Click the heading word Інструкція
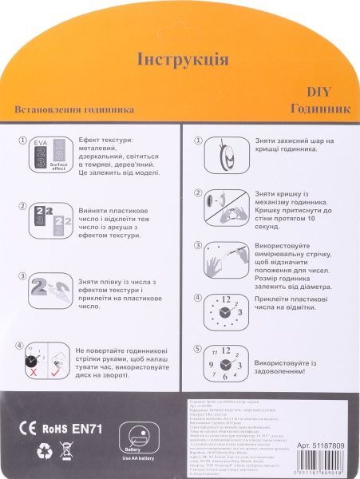pyautogui.click(x=183, y=60)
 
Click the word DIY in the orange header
pyautogui.click(x=330, y=93)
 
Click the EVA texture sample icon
pyautogui.click(x=45, y=154)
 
